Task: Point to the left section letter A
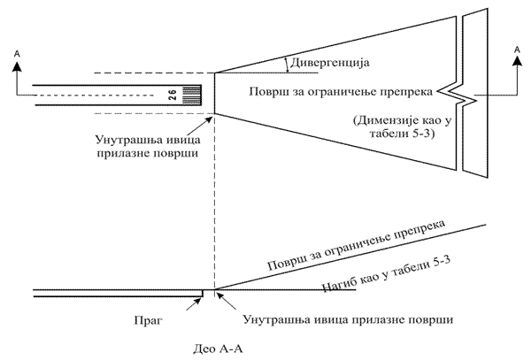[17, 54]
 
